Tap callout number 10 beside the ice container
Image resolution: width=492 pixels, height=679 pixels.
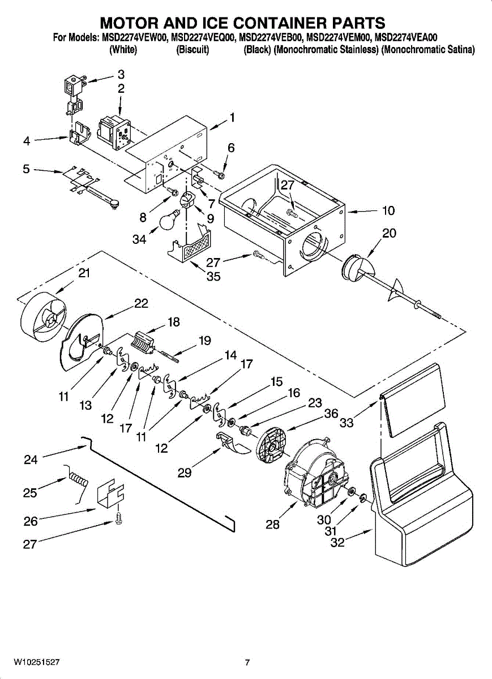pos(388,211)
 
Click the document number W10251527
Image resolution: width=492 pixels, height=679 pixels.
pos(37,661)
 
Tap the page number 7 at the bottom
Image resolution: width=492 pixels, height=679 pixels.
pos(247,662)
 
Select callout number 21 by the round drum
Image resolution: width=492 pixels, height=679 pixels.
pos(84,273)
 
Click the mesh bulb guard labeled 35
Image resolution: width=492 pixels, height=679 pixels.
pos(192,246)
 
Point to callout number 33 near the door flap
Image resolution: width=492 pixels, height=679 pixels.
pos(346,422)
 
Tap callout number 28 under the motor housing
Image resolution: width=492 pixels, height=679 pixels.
pos(272,525)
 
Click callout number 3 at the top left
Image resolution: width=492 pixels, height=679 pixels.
pos(121,74)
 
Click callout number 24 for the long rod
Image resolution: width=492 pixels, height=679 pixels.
pos(31,459)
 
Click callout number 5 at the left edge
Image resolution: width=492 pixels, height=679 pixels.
pos(26,169)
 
